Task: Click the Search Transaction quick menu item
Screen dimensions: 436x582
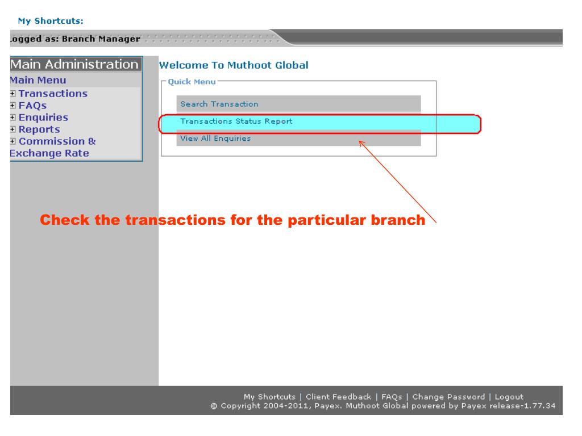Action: point(219,104)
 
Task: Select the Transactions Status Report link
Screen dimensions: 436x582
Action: point(236,121)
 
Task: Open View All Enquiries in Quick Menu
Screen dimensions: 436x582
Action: point(215,139)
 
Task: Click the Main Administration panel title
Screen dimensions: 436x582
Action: point(75,64)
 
